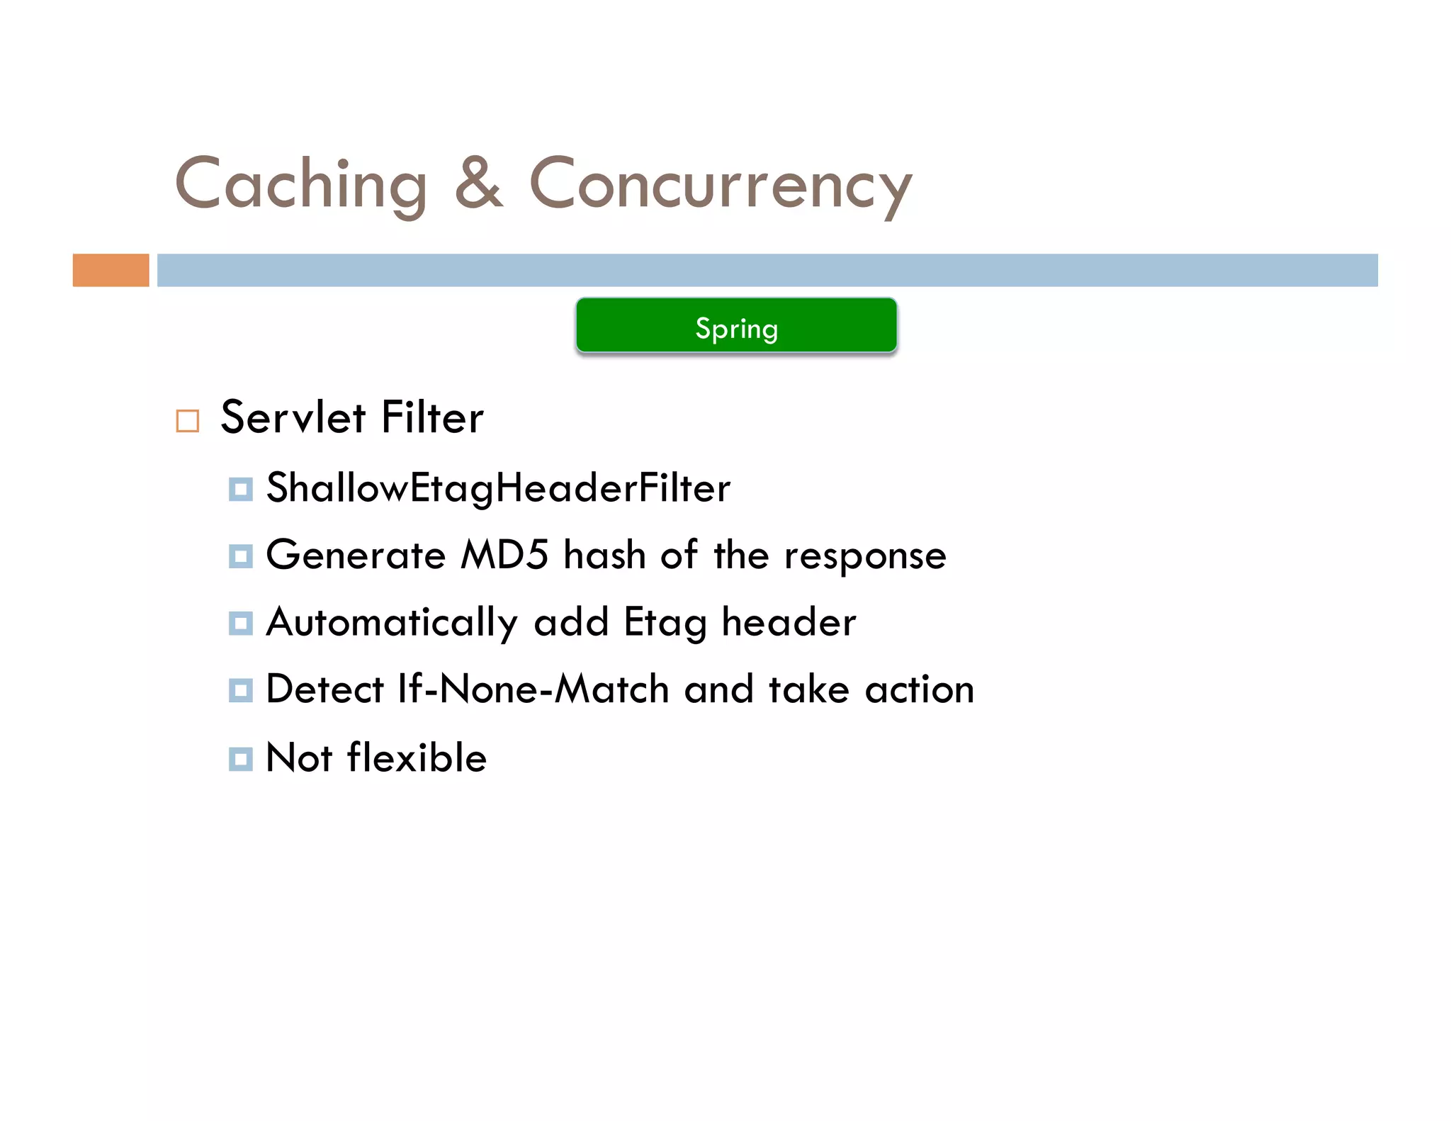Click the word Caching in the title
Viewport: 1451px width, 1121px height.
[301, 184]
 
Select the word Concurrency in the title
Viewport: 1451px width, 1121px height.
[721, 184]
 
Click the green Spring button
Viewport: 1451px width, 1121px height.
[736, 326]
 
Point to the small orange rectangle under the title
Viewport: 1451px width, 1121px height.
[111, 270]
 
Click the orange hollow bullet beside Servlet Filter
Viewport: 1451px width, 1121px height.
[188, 421]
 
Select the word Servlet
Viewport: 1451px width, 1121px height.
[293, 417]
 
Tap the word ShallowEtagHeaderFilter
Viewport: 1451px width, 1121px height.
[498, 488]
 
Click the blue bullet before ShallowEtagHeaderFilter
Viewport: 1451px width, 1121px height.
[241, 489]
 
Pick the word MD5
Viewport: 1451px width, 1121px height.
[504, 555]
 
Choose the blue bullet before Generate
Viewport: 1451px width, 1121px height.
[241, 556]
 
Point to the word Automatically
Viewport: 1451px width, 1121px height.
[392, 623]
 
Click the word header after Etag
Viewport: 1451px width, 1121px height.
[789, 622]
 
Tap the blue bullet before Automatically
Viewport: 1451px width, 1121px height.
[241, 624]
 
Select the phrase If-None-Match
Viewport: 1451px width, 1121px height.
[533, 689]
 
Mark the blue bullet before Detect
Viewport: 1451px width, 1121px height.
[241, 690]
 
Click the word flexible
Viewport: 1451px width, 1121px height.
[417, 757]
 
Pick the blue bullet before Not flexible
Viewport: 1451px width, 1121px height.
[241, 759]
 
